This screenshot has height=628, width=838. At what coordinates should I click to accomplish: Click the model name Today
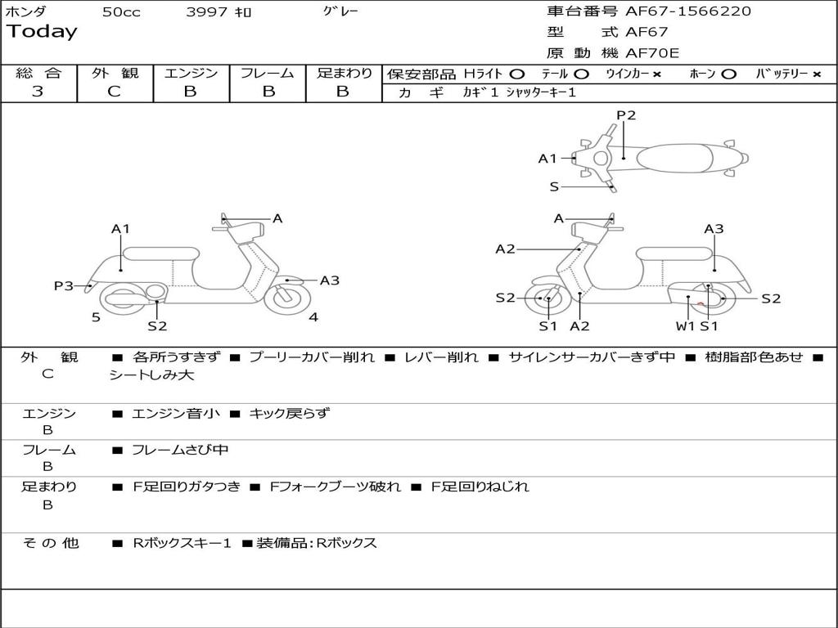click(42, 32)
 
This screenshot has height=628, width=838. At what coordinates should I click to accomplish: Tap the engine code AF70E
click(652, 54)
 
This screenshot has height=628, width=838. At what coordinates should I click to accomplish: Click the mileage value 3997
click(207, 12)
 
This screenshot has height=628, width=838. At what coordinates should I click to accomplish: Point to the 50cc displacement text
click(121, 12)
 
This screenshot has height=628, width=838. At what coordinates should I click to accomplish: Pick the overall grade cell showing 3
click(38, 92)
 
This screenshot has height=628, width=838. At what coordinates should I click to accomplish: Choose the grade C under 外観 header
click(115, 92)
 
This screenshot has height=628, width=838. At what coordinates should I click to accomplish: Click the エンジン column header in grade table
click(191, 73)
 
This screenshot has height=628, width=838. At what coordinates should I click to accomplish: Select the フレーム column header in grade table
click(268, 73)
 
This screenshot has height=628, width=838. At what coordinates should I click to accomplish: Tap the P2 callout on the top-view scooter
click(626, 115)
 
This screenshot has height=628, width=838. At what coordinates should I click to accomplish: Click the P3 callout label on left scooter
click(64, 285)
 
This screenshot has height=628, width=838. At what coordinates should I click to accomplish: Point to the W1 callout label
click(685, 326)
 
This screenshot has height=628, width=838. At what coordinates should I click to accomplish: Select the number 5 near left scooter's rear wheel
click(96, 317)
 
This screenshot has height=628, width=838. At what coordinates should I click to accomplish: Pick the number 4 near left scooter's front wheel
click(313, 317)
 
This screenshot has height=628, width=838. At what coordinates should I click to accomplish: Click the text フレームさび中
click(180, 450)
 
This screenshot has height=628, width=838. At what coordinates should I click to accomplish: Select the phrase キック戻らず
click(289, 413)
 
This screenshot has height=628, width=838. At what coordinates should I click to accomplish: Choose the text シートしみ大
click(152, 375)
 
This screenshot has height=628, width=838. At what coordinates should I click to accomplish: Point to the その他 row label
click(50, 543)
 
